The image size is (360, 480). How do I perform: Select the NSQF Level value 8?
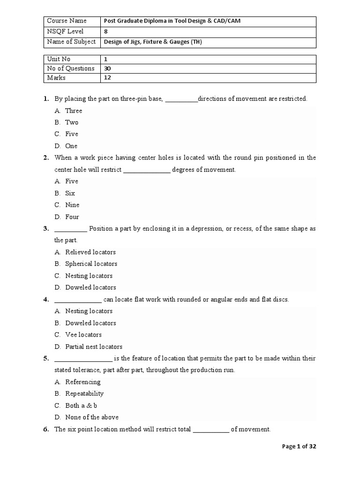click(106, 31)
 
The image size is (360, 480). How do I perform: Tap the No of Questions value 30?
click(108, 68)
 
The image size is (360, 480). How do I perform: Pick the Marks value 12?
click(107, 78)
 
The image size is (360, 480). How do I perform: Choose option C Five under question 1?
click(72, 134)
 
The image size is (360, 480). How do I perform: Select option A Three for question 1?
click(74, 111)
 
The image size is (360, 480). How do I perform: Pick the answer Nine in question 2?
click(72, 205)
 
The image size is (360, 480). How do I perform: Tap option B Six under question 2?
click(70, 193)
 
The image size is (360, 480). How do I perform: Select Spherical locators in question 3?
click(91, 264)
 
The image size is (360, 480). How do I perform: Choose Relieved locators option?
click(90, 252)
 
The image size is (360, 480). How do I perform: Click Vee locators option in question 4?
click(83, 335)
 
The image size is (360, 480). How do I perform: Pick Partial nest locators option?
click(94, 347)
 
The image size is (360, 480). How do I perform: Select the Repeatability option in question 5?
click(84, 394)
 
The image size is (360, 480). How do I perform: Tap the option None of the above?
click(92, 417)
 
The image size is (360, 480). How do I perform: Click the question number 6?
click(45, 429)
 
